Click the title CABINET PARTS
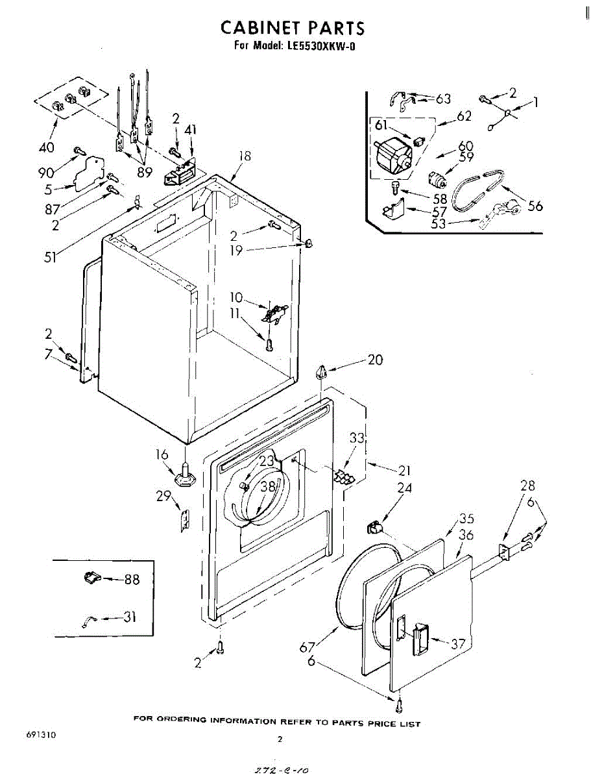[x=293, y=28]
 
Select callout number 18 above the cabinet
[x=245, y=156]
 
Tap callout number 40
[x=46, y=147]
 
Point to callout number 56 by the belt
[x=535, y=206]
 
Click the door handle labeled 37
[x=420, y=638]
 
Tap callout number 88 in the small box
[x=132, y=579]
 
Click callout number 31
[x=129, y=617]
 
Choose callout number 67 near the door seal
[x=307, y=647]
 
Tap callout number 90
[x=46, y=173]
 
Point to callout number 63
[x=443, y=99]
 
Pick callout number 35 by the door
[x=466, y=518]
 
